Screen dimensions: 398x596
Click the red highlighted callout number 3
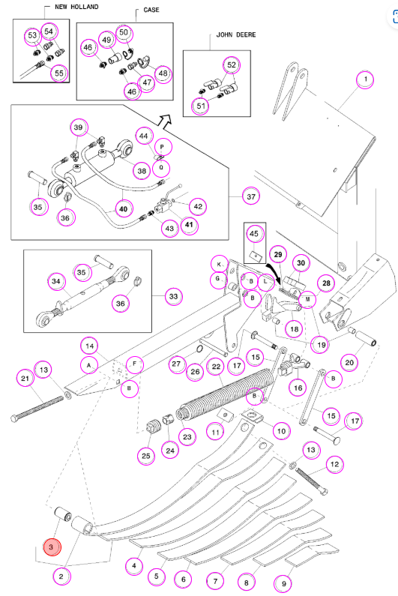[x=51, y=547]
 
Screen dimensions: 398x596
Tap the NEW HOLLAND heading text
[x=76, y=7]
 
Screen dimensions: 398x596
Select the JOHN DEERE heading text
[x=235, y=34]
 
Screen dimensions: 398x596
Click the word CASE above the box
[x=151, y=10]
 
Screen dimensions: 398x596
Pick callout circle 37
[x=251, y=196]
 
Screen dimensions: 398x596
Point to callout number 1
[x=365, y=79]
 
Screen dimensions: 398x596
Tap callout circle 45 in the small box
[x=254, y=234]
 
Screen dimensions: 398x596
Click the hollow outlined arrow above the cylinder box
[x=164, y=120]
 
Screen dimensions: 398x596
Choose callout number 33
[x=173, y=296]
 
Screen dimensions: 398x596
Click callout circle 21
[x=25, y=378]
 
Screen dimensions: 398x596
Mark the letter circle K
[x=219, y=264]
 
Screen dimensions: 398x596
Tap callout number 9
[x=283, y=583]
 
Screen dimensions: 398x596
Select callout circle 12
[x=334, y=464]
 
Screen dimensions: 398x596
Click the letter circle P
[x=163, y=147]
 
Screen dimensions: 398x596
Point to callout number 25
[x=146, y=456]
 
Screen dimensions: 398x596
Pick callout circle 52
[x=232, y=65]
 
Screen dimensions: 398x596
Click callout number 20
[x=349, y=362]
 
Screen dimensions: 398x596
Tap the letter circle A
[x=89, y=366]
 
